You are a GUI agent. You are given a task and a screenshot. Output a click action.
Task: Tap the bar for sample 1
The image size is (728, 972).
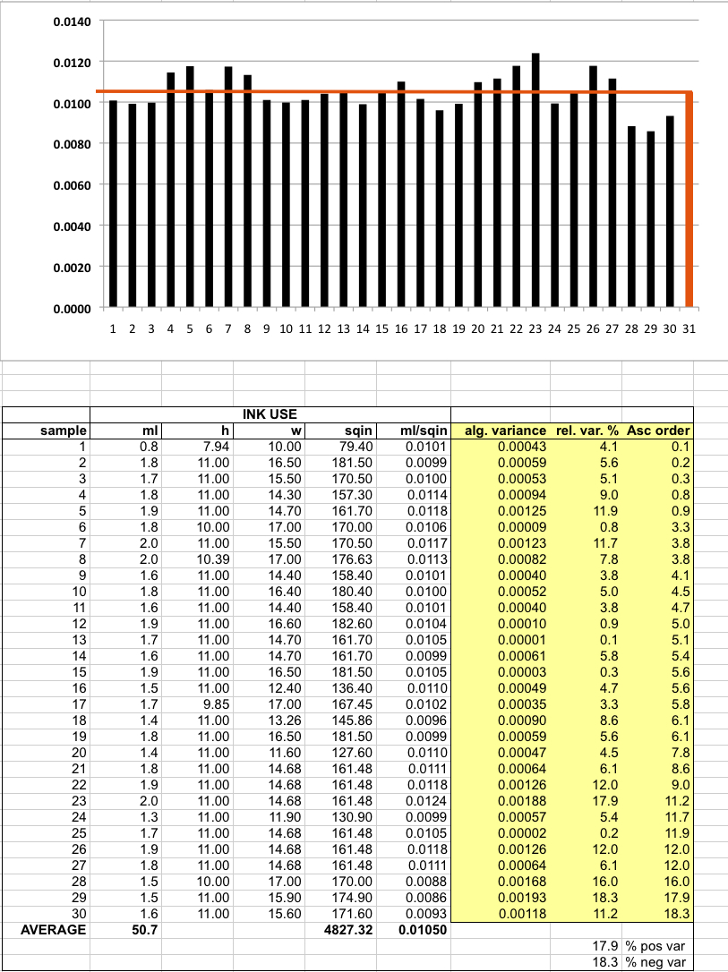click(x=113, y=203)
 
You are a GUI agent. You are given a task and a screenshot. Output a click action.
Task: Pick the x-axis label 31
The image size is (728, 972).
click(x=689, y=328)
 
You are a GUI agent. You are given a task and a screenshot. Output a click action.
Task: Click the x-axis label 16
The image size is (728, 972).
click(x=401, y=328)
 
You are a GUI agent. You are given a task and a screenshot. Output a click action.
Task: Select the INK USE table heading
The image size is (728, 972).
click(x=270, y=415)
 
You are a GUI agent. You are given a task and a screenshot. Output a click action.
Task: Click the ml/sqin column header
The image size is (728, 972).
click(x=424, y=431)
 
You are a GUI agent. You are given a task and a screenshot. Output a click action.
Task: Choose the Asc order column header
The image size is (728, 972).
click(x=658, y=431)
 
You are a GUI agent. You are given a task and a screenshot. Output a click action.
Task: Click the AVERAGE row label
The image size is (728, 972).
click(x=53, y=929)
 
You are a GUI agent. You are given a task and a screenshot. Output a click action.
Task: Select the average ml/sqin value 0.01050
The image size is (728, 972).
click(x=423, y=929)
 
